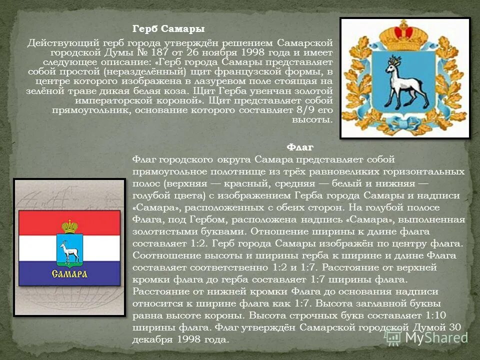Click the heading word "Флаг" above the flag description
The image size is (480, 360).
[300, 147]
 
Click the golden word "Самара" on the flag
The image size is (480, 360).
[70, 273]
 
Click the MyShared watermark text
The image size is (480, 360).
[434, 337]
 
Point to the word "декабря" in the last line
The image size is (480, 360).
[154, 339]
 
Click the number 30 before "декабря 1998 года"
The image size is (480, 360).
[454, 327]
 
